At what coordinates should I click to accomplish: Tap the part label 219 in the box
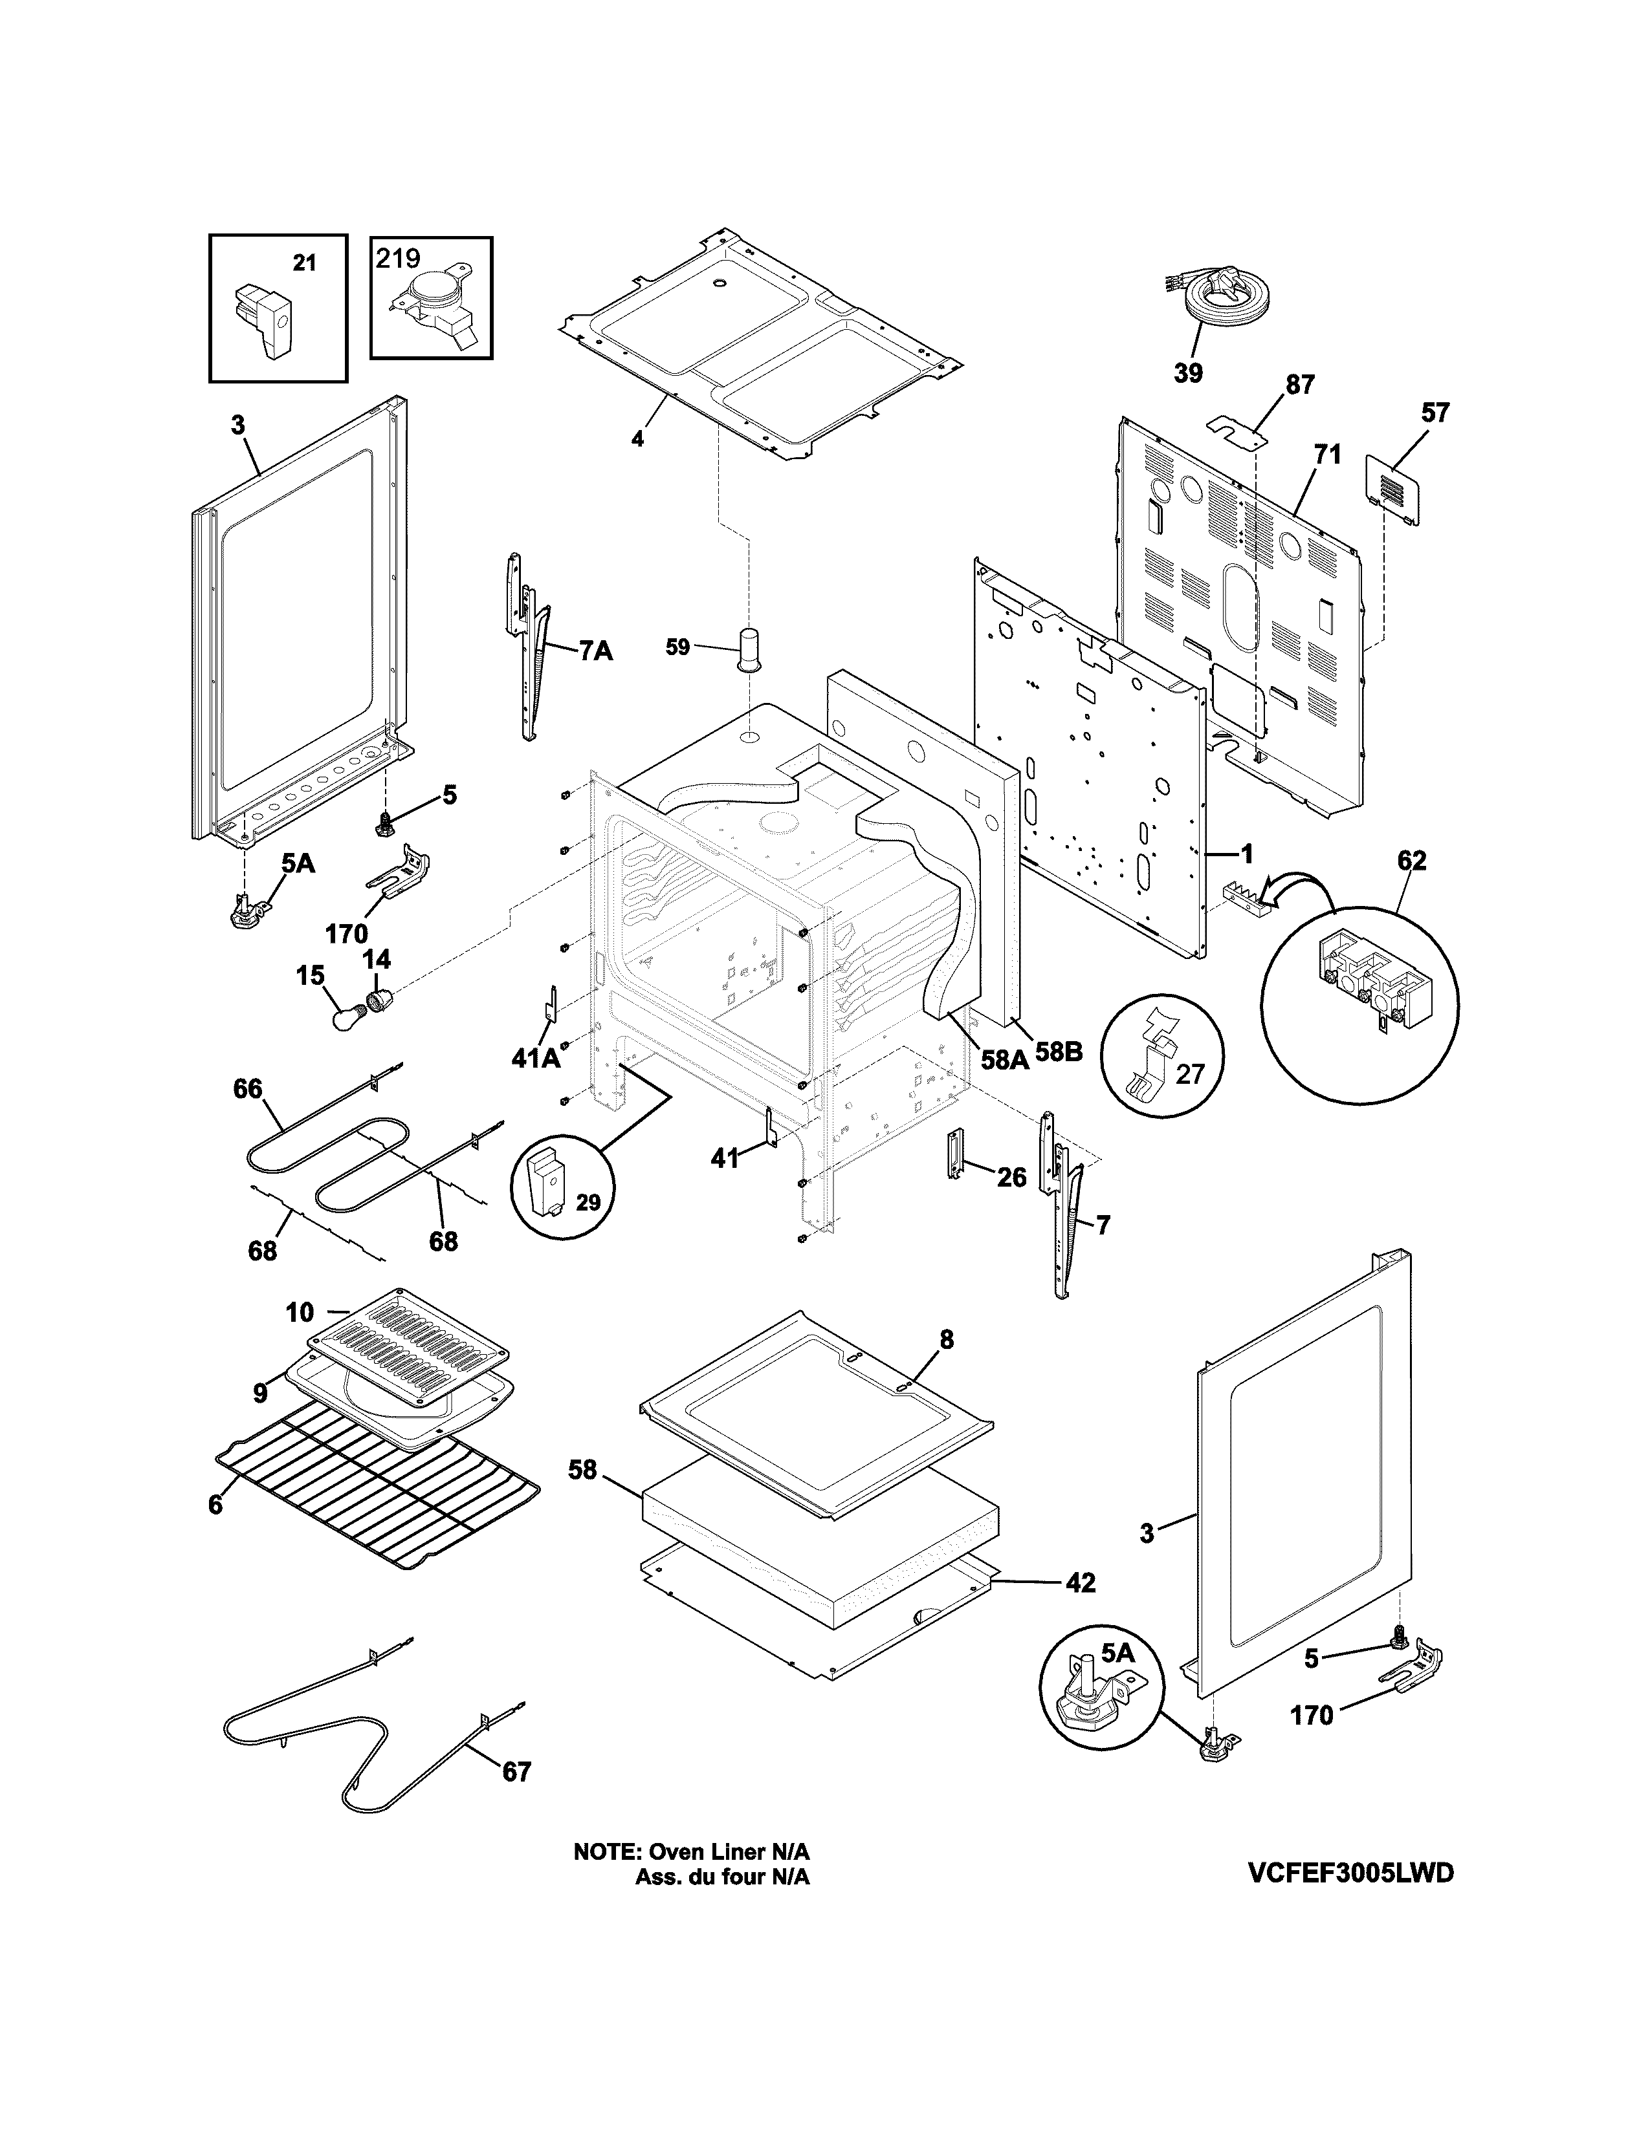coord(399,258)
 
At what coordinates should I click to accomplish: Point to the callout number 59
coord(677,647)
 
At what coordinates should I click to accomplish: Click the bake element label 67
coord(517,1771)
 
